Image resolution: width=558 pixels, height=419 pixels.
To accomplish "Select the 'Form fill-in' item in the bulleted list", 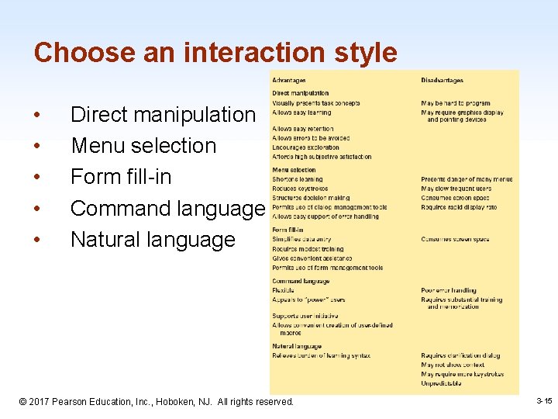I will pos(121,177).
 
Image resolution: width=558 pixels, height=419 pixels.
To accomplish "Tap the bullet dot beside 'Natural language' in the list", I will pos(38,241).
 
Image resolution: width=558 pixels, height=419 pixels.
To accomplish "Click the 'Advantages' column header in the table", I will pos(288,80).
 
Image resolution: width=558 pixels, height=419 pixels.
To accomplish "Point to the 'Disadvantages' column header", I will pos(442,80).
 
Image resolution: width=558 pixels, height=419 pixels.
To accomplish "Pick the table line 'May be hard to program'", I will pos(456,103).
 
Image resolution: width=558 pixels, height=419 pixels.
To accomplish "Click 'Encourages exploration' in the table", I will pos(305,147).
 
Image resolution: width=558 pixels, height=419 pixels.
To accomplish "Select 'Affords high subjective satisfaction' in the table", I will pos(322,157).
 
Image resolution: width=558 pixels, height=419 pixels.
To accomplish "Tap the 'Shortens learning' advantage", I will pos(298,179).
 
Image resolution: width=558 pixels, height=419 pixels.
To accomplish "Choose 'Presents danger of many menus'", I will pos(467,179).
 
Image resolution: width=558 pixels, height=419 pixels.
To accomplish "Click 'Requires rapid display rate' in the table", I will pos(459,207).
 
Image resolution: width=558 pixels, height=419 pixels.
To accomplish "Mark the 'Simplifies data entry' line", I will pos(301,240).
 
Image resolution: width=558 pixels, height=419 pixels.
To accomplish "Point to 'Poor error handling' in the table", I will pos(449,290).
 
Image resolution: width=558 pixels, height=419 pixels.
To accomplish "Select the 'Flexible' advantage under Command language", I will pos(283,290).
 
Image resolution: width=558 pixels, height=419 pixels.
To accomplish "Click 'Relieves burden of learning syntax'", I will pos(321,355).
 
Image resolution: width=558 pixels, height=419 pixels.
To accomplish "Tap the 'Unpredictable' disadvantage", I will pos(441,383).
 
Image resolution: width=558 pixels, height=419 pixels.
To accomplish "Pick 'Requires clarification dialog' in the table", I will pos(460,355).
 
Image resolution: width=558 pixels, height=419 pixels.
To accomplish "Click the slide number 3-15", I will pos(543,400).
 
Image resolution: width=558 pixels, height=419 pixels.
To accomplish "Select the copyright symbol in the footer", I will pos(22,402).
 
